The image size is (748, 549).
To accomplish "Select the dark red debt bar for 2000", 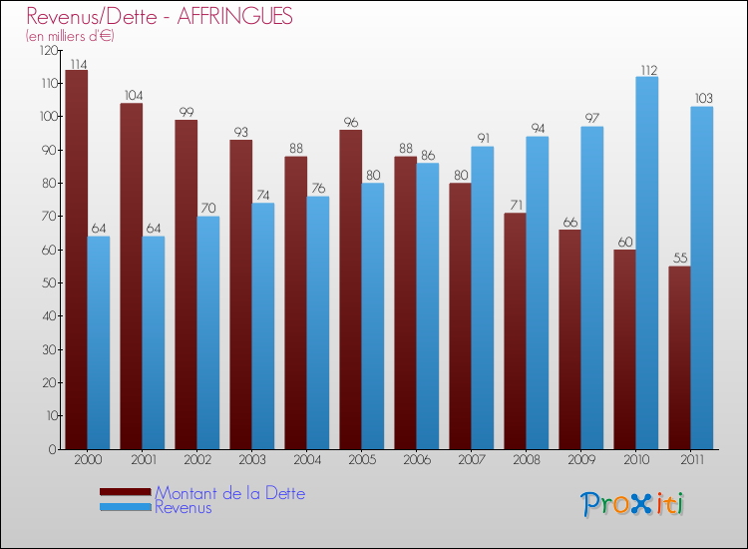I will coord(77,260).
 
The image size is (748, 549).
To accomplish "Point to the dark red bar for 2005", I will coord(351,289).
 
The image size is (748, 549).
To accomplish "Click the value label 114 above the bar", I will coord(77,63).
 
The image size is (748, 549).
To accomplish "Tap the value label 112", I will coord(647,70).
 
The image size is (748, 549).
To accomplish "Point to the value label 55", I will coord(679,259).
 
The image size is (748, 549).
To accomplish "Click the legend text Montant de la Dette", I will coord(229,493).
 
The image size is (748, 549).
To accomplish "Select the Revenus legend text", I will coord(184,508).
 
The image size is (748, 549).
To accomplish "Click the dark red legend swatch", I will coord(126,492).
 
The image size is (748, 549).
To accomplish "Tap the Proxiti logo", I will coord(634,504).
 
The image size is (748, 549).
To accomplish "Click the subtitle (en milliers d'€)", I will coord(70,36).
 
